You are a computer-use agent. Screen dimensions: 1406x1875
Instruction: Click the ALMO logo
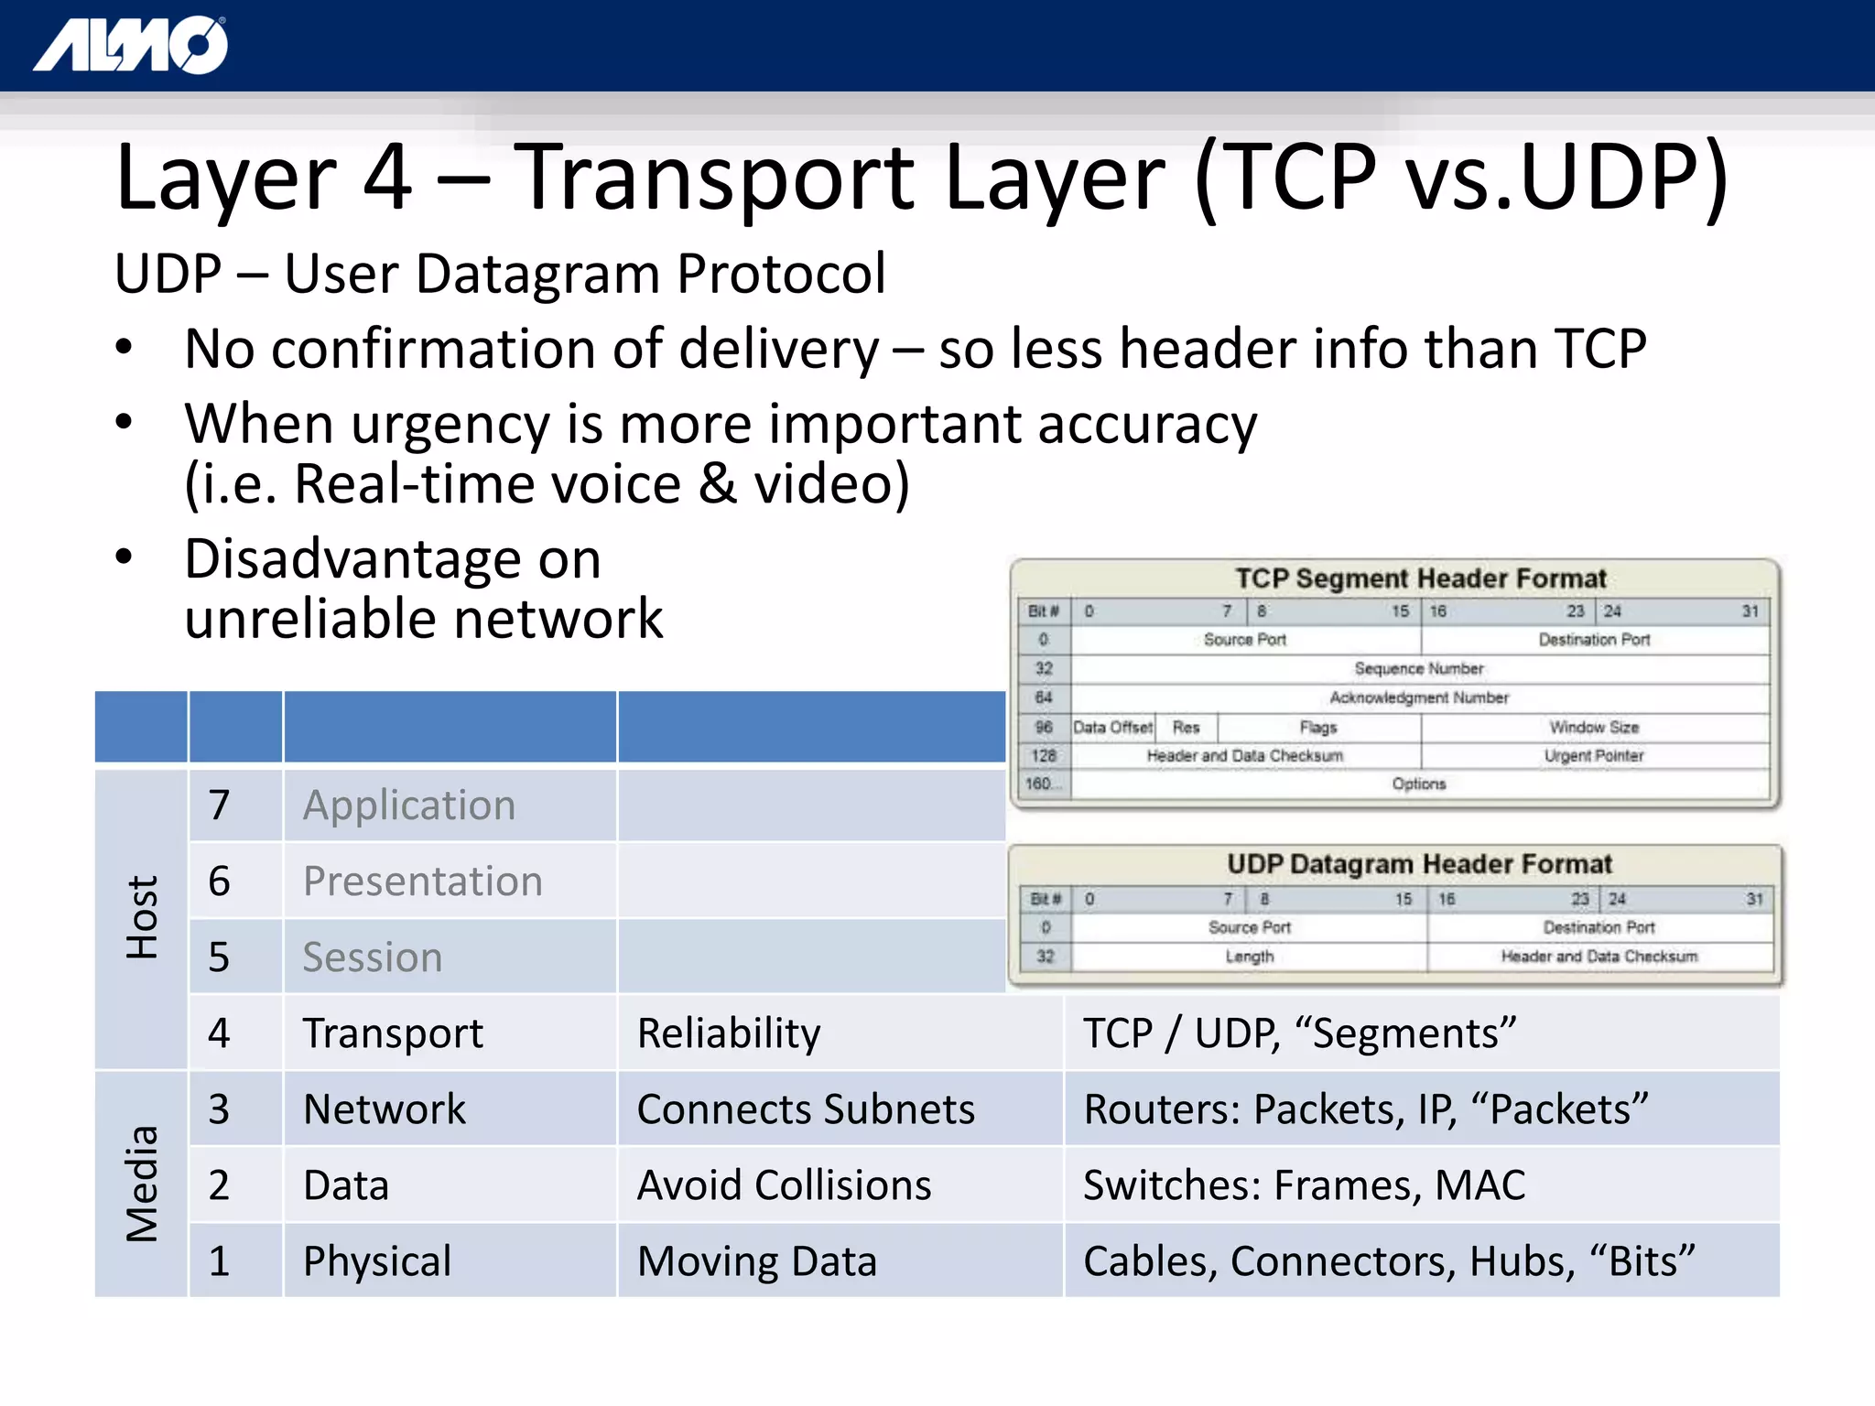click(x=131, y=46)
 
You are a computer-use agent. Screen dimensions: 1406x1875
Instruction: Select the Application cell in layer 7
click(x=409, y=806)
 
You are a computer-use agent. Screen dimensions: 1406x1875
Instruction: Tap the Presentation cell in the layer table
click(x=422, y=881)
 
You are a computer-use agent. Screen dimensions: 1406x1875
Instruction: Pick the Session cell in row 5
click(x=373, y=957)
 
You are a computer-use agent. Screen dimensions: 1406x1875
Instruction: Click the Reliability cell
click(x=729, y=1033)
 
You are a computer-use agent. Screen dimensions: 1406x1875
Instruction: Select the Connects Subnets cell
click(x=806, y=1109)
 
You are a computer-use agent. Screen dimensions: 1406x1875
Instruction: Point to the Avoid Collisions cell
click(x=784, y=1185)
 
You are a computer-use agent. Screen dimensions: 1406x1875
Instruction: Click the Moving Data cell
click(x=757, y=1261)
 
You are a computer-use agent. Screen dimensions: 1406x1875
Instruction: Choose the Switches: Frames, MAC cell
click(x=1304, y=1185)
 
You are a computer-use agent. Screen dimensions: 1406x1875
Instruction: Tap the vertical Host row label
click(x=142, y=917)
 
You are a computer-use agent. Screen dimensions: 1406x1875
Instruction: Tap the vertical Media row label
click(x=142, y=1184)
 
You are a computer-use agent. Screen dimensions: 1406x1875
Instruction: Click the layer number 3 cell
click(x=219, y=1109)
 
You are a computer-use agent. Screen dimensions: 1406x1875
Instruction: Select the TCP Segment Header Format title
click(x=1420, y=579)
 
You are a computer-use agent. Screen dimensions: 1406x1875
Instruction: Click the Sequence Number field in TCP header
click(x=1418, y=668)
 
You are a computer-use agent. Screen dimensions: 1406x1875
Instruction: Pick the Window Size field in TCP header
click(x=1593, y=727)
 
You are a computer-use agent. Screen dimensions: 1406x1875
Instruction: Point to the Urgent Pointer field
click(x=1593, y=756)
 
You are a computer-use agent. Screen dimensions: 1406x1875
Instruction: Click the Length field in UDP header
click(x=1250, y=957)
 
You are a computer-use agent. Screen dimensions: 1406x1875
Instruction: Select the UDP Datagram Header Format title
click(x=1419, y=864)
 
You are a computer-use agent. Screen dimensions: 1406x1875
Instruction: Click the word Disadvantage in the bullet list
click(x=392, y=559)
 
